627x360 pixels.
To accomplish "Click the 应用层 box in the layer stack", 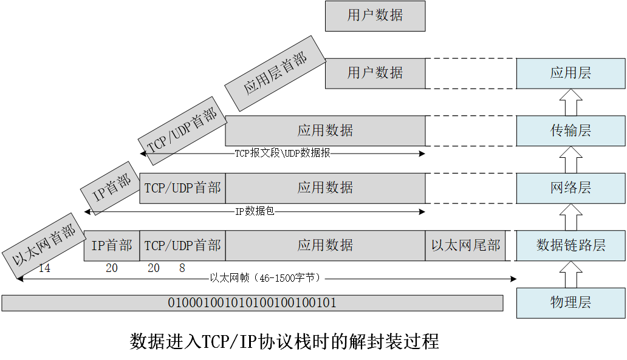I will click(x=570, y=73).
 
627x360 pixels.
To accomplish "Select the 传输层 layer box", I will click(x=570, y=131).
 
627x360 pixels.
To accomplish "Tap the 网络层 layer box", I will click(x=570, y=188).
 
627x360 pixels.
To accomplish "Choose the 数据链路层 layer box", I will click(x=570, y=245).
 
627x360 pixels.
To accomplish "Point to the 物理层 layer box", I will click(x=570, y=302).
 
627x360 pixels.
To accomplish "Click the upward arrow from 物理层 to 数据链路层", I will click(x=570, y=274).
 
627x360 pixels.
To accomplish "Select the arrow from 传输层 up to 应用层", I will click(x=570, y=102).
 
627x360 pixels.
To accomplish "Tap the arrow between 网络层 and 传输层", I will click(x=570, y=159).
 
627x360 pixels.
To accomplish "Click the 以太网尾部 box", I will click(x=465, y=245).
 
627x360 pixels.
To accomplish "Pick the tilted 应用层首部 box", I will click(x=275, y=73).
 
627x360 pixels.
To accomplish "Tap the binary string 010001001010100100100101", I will click(x=252, y=302).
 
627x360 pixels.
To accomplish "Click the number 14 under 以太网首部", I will click(x=44, y=268).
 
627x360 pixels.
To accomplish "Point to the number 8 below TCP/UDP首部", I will click(x=182, y=268).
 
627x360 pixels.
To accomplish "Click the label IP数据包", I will click(x=256, y=212).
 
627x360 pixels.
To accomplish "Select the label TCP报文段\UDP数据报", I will click(x=283, y=154).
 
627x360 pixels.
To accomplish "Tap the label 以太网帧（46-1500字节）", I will click(x=265, y=278).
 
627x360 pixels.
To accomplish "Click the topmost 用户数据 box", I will click(x=375, y=16).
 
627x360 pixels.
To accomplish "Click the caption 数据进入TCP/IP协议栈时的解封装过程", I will click(x=284, y=341).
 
